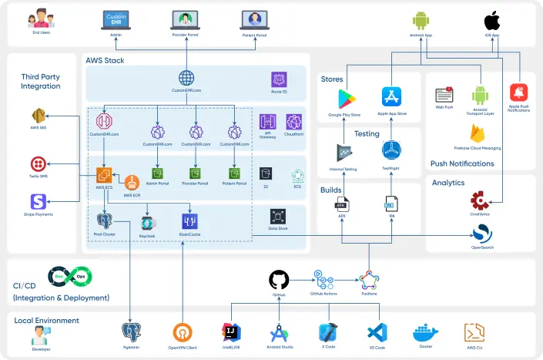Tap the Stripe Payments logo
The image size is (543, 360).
(37, 202)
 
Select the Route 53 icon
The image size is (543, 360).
(279, 79)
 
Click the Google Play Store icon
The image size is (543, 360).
(346, 99)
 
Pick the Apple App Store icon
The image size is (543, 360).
(392, 97)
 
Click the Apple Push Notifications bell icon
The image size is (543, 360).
(518, 93)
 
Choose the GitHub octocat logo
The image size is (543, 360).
(279, 280)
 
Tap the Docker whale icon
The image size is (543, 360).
(425, 332)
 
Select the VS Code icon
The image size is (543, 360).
(376, 332)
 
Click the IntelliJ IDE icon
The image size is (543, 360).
(230, 332)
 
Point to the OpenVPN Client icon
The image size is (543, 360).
(182, 332)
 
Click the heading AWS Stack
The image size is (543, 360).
(105, 60)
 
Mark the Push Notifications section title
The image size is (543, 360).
(463, 163)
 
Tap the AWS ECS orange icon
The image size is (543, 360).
(105, 175)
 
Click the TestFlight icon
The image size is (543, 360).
(392, 150)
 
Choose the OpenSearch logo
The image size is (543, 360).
(483, 232)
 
